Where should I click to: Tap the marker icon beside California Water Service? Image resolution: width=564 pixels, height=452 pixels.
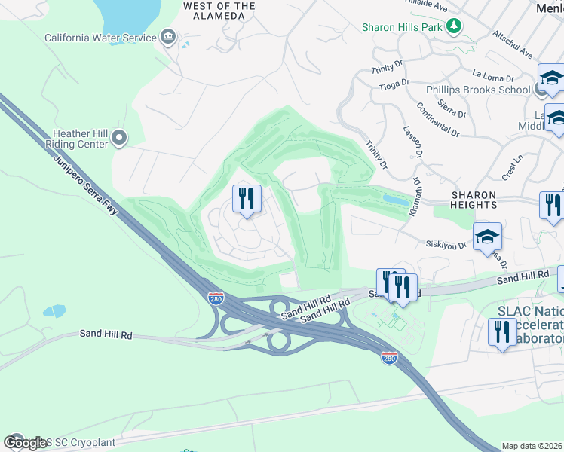click(168, 38)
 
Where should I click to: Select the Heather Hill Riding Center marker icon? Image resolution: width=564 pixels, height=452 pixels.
click(118, 137)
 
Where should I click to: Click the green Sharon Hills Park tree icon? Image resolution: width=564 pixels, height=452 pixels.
click(454, 27)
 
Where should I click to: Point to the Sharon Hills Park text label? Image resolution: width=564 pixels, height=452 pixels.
click(400, 28)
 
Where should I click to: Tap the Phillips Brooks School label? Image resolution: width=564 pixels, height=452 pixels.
click(488, 90)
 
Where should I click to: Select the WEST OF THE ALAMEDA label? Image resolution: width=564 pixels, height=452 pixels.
click(219, 11)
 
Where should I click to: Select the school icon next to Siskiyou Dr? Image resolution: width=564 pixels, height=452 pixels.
click(487, 237)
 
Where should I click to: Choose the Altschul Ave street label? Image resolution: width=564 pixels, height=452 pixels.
click(513, 45)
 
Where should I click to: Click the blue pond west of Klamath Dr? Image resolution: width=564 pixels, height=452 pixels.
click(396, 200)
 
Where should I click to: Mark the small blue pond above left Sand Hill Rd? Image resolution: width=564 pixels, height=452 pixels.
click(54, 310)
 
